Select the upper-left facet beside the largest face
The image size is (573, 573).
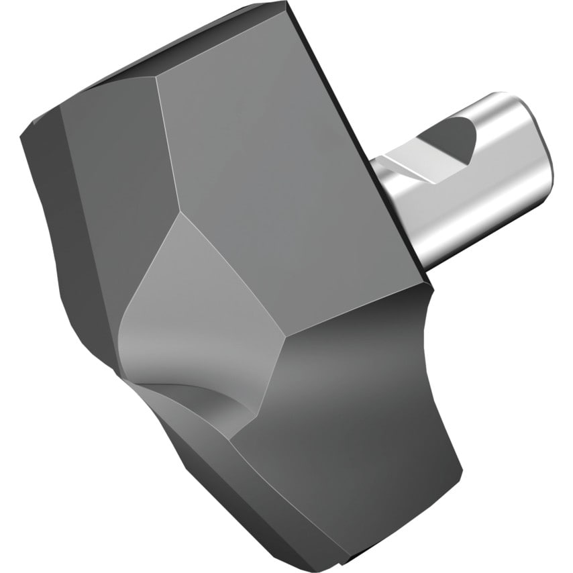(x=114, y=168)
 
